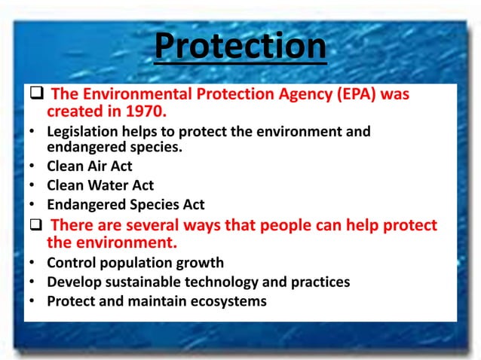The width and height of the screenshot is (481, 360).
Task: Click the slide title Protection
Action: click(x=240, y=46)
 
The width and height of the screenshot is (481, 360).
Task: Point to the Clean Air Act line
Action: click(x=89, y=167)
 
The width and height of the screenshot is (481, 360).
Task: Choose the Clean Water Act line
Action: click(x=100, y=185)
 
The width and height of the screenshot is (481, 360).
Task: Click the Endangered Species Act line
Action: click(x=125, y=204)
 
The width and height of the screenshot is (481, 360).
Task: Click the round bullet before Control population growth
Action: click(x=33, y=264)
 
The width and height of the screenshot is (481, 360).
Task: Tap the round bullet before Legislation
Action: click(x=33, y=132)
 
